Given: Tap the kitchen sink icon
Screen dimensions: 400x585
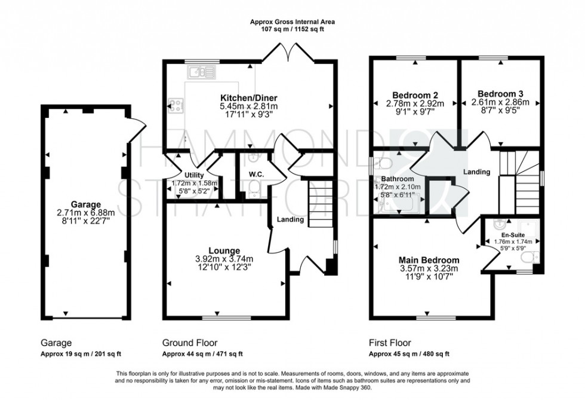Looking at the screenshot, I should [x=201, y=73].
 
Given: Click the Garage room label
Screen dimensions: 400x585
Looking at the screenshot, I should [x=84, y=204].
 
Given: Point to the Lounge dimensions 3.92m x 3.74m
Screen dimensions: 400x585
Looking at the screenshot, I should [x=224, y=259].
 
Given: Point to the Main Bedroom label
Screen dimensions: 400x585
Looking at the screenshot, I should [x=429, y=260].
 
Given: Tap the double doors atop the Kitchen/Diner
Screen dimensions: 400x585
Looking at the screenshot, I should [x=288, y=55].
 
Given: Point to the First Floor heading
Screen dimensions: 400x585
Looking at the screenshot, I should [x=390, y=343].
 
